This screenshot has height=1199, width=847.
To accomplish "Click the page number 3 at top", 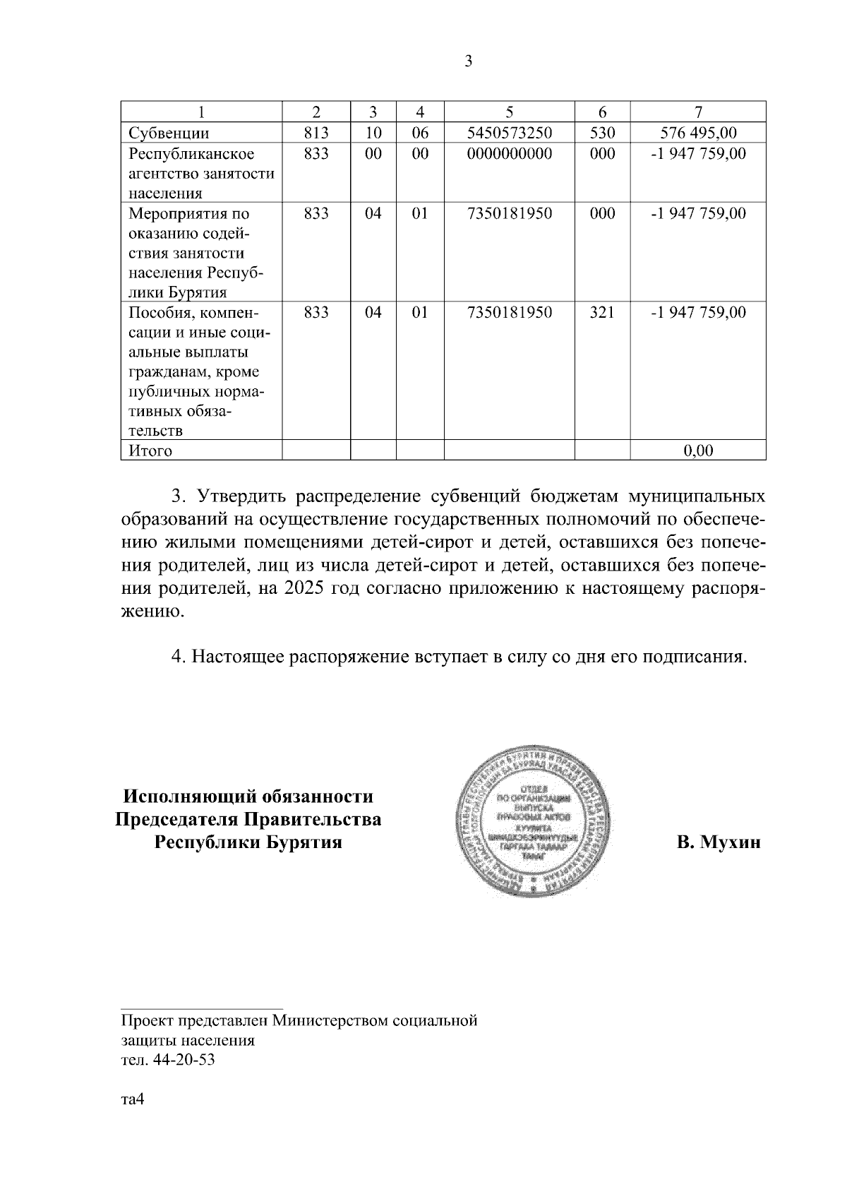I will tap(469, 61).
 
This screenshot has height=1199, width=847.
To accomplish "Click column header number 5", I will tap(509, 112).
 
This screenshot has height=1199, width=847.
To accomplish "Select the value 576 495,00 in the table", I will tap(698, 133).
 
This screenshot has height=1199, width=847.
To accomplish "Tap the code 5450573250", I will tap(509, 133).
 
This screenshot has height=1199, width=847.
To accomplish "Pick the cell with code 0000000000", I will tap(509, 153).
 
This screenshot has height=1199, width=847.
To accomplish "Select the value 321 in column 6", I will tap(602, 312).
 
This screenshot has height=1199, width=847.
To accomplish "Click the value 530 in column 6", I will tap(602, 133).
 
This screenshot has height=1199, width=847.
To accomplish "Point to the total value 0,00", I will tap(698, 451).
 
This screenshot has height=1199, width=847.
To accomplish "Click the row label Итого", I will tap(150, 451).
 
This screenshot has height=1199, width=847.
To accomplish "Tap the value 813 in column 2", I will tap(316, 133).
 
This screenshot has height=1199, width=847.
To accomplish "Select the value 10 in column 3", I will tap(373, 133).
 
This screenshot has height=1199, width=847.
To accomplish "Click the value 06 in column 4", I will tap(420, 133).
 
